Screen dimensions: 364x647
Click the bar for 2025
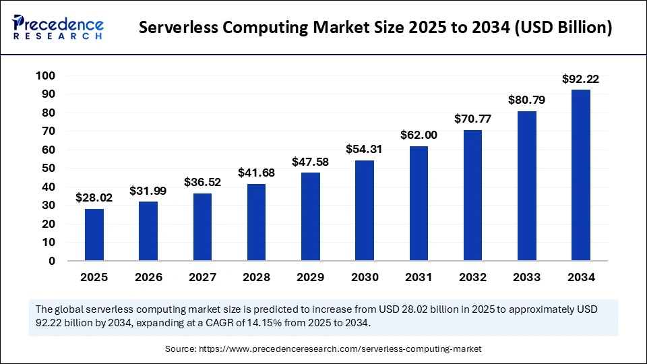click(x=94, y=235)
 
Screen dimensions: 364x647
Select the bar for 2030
click(x=365, y=210)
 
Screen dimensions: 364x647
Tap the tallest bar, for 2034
click(x=580, y=175)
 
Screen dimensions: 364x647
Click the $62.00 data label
click(x=419, y=135)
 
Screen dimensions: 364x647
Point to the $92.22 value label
click(x=580, y=79)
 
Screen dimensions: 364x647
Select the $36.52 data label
click(x=202, y=182)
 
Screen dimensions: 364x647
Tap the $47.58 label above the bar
click(x=311, y=162)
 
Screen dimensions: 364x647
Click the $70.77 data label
click(x=472, y=119)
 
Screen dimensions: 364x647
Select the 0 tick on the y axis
click(x=51, y=261)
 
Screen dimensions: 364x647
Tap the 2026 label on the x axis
click(x=148, y=277)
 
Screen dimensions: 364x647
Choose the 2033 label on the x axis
click(x=526, y=277)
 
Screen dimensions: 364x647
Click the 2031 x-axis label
click(x=419, y=277)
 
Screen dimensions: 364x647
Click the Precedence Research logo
click(x=58, y=27)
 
